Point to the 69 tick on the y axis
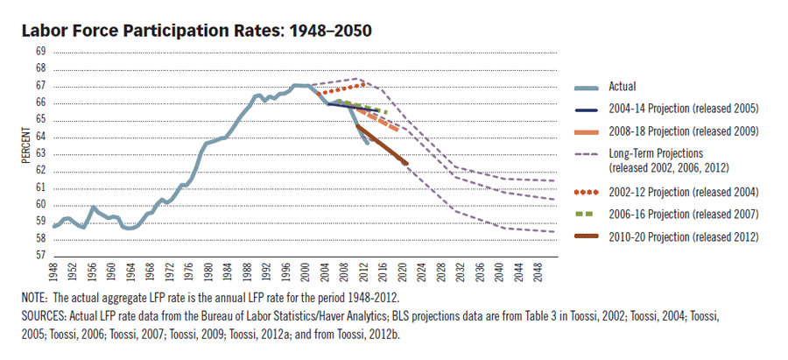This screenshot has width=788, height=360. pos(40,53)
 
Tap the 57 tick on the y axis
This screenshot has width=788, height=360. pos(40,256)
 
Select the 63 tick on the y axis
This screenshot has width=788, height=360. pos(40,154)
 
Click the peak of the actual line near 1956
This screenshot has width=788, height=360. pos(93,208)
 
